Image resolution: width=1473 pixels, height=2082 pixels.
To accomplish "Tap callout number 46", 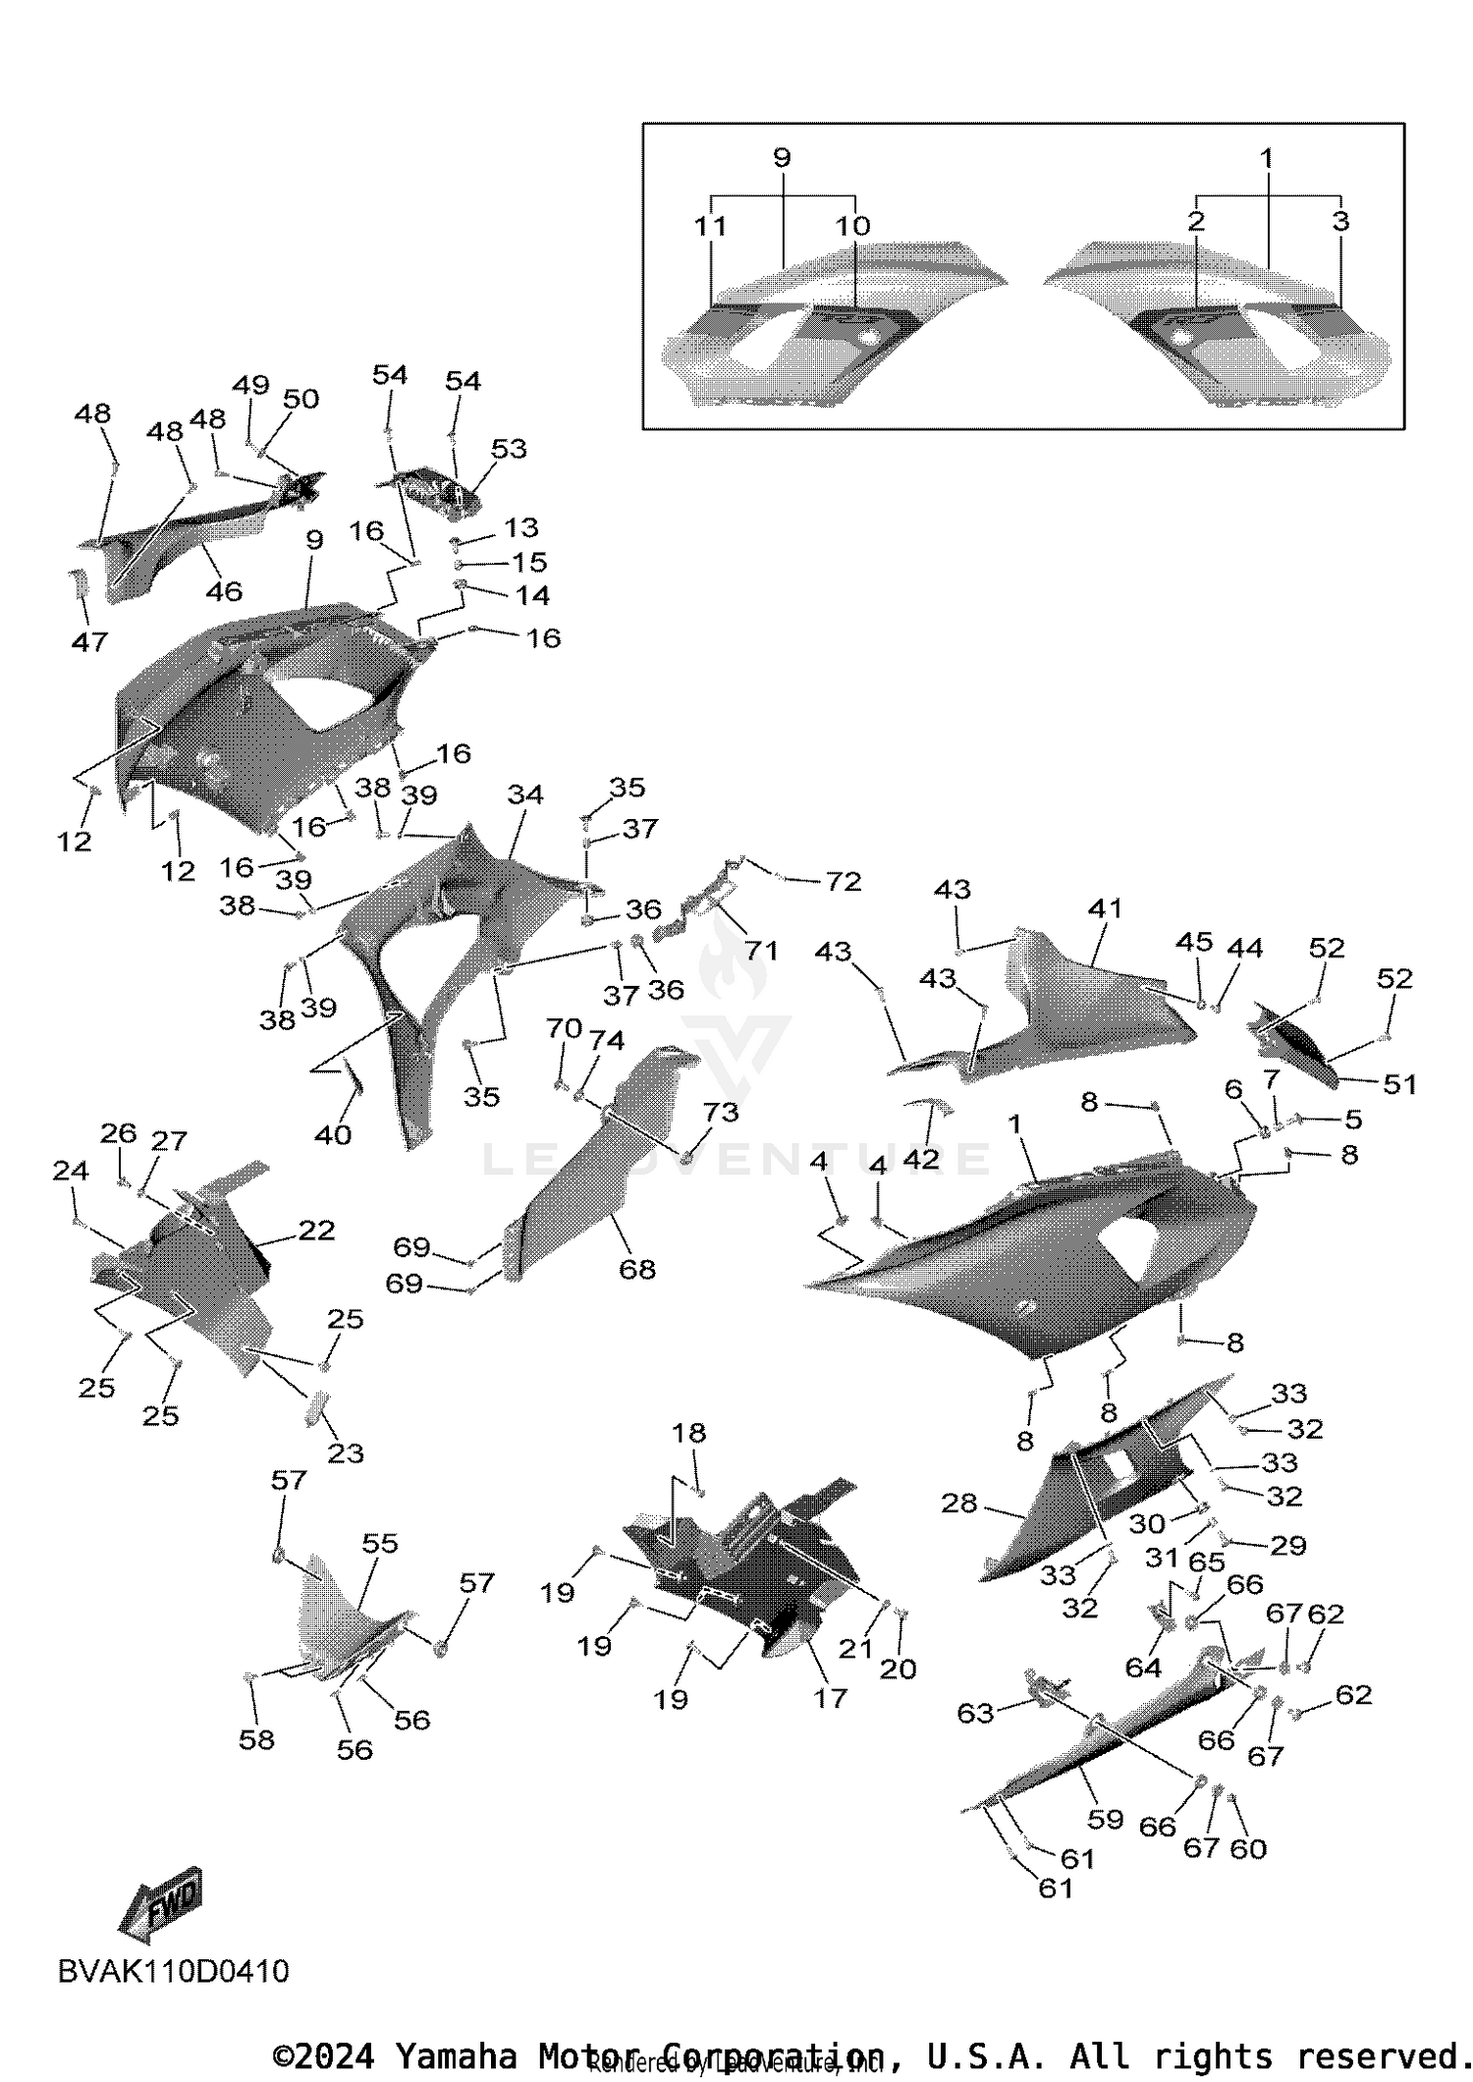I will [224, 591].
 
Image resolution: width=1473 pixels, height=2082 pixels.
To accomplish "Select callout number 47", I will [89, 641].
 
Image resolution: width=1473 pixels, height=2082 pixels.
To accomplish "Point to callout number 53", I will [509, 449].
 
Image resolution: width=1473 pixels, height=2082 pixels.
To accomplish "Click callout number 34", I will [525, 794].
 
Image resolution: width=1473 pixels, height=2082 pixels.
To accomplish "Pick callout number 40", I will [333, 1134].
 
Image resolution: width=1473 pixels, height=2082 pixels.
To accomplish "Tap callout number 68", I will [636, 1269].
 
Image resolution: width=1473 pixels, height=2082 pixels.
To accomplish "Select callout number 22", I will [316, 1231].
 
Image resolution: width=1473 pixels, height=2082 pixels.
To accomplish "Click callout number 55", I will [380, 1543].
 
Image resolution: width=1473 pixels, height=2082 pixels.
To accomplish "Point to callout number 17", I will [830, 1697].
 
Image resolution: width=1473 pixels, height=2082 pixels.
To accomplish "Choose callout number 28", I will [959, 1503].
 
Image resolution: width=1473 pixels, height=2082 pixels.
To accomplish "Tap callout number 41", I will [1105, 908].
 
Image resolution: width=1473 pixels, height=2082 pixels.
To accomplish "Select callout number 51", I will [1399, 1084].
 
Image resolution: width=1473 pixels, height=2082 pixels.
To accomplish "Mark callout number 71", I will [761, 950].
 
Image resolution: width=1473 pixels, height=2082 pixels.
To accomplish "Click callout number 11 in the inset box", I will [710, 226].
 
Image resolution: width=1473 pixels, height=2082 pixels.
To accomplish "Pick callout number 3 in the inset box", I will [1340, 221].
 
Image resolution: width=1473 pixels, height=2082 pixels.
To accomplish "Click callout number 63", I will [975, 1713].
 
